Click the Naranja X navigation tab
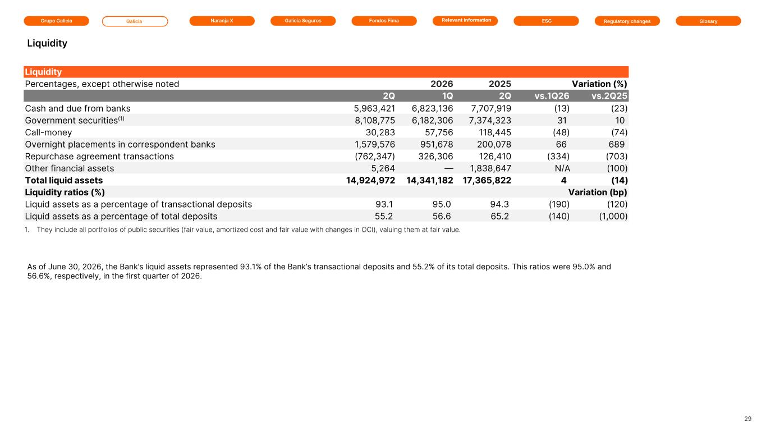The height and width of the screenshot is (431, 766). (222, 21)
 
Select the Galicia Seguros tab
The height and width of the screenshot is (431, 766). (303, 21)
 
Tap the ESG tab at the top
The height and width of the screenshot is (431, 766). (546, 21)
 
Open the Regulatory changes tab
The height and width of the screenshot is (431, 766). (627, 21)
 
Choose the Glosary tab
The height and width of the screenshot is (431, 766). (708, 21)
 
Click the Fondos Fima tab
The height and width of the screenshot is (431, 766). (384, 21)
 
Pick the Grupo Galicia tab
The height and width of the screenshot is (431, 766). (57, 21)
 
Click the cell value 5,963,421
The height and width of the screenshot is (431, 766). (374, 108)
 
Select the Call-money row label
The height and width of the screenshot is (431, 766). (49, 132)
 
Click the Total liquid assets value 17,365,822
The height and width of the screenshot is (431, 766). (487, 180)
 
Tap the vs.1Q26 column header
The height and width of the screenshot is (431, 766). (552, 96)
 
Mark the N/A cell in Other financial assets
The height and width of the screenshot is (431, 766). (562, 168)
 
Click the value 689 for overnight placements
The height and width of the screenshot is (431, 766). (617, 144)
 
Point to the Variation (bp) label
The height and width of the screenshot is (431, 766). (598, 192)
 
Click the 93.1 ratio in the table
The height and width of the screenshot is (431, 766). (384, 204)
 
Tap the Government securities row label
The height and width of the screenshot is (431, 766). (75, 120)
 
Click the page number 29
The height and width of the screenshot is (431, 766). (748, 419)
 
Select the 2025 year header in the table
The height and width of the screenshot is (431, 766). (499, 84)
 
